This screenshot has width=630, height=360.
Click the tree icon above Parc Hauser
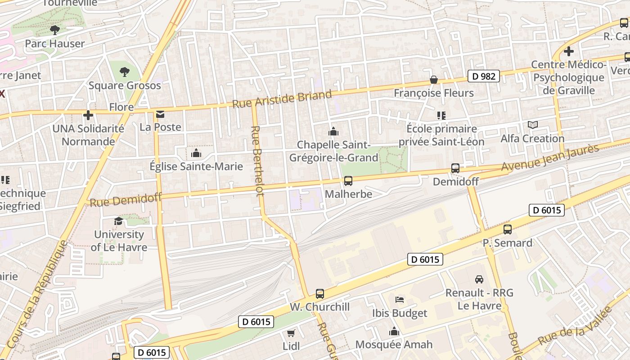[55, 30]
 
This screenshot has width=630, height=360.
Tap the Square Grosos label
[125, 85]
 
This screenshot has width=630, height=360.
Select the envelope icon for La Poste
[160, 114]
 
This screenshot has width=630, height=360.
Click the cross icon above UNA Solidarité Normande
[88, 115]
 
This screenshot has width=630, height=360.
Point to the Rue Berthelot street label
[257, 161]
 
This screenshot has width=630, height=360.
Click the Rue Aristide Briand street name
[282, 99]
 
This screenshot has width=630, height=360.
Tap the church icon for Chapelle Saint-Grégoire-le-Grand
[333, 131]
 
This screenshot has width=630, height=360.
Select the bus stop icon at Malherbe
[348, 181]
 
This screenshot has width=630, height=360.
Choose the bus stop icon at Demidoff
[455, 168]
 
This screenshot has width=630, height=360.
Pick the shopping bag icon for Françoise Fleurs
[434, 80]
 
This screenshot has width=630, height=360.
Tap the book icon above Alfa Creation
[533, 125]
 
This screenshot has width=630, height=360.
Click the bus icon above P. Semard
[508, 229]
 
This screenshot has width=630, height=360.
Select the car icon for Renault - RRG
[479, 279]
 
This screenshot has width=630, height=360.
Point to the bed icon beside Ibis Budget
[399, 300]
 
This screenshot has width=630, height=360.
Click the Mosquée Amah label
[394, 345]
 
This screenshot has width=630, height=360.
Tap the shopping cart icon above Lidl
[291, 333]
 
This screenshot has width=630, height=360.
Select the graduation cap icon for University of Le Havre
[118, 221]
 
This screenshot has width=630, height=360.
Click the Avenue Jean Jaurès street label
[550, 157]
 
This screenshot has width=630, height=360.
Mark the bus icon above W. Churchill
[320, 294]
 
